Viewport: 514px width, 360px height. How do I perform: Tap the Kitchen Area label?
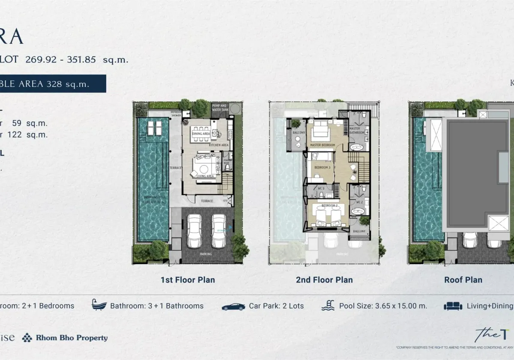pyautogui.click(x=218, y=145)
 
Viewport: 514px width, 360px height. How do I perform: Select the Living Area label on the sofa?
pyautogui.click(x=204, y=176)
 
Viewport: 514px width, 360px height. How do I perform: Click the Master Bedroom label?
pyautogui.click(x=322, y=145)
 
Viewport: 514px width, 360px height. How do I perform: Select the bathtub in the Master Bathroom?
pyautogui.click(x=356, y=147)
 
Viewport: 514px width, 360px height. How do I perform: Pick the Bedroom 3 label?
pyautogui.click(x=322, y=167)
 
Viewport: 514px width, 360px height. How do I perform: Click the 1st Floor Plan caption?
pyautogui.click(x=188, y=280)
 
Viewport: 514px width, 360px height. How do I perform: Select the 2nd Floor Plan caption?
pyautogui.click(x=324, y=280)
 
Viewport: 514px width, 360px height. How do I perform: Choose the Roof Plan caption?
pyautogui.click(x=463, y=280)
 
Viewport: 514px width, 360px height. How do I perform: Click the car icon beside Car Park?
pyautogui.click(x=233, y=306)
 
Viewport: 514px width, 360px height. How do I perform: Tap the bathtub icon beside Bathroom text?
pyautogui.click(x=99, y=305)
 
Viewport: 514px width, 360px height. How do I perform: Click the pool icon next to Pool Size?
pyautogui.click(x=328, y=306)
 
